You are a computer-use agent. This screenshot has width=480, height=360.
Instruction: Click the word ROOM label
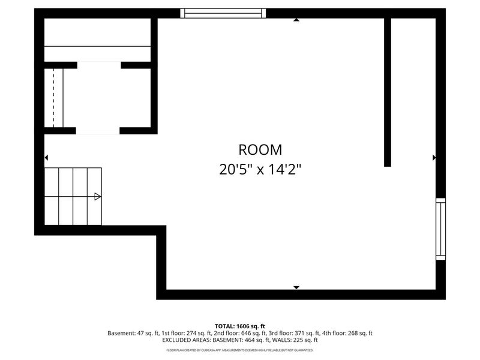(260, 150)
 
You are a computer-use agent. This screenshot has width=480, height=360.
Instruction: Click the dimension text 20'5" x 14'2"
(260, 169)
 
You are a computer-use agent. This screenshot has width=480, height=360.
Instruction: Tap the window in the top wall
(223, 13)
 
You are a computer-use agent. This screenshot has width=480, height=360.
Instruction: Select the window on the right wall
(440, 229)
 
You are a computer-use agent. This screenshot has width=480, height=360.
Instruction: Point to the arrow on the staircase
(97, 196)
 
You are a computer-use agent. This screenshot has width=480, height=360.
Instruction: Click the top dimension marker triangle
(296, 20)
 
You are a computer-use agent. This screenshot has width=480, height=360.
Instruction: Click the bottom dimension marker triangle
(296, 287)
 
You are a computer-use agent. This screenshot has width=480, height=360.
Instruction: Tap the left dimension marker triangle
(46, 158)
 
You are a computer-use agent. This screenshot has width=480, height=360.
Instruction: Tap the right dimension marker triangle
(434, 158)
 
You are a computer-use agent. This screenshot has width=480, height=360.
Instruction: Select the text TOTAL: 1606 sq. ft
(240, 326)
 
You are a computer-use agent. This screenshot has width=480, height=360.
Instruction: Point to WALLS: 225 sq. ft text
(294, 340)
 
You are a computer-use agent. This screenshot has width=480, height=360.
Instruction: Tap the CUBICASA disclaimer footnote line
(240, 350)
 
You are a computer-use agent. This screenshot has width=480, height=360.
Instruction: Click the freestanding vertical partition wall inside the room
(388, 92)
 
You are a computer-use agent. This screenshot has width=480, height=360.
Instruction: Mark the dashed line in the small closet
(54, 97)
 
